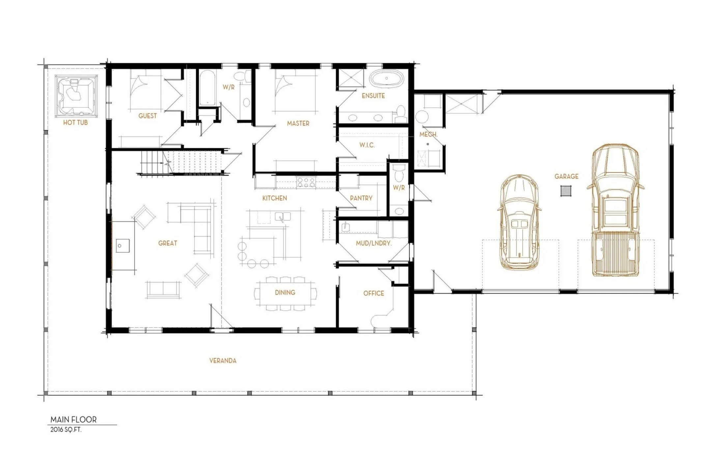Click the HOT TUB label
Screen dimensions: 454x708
(75, 123)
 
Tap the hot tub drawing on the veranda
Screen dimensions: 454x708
(76, 96)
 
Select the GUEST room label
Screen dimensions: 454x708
(147, 116)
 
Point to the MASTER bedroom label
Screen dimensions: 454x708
(298, 123)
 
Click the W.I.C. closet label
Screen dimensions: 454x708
(367, 145)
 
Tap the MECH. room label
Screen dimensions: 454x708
(428, 134)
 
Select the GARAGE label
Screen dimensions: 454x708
(566, 176)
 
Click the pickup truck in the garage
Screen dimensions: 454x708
(615, 211)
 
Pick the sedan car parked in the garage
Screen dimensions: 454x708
(519, 222)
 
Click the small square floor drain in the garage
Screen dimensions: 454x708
(566, 191)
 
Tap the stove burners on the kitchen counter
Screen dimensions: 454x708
(306, 183)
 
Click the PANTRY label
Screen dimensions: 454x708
(361, 198)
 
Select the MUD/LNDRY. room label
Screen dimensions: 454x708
(373, 243)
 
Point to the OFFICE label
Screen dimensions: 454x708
(373, 293)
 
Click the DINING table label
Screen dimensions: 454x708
(285, 292)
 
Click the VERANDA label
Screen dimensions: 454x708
(223, 361)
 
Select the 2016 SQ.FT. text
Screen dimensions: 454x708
(66, 430)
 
